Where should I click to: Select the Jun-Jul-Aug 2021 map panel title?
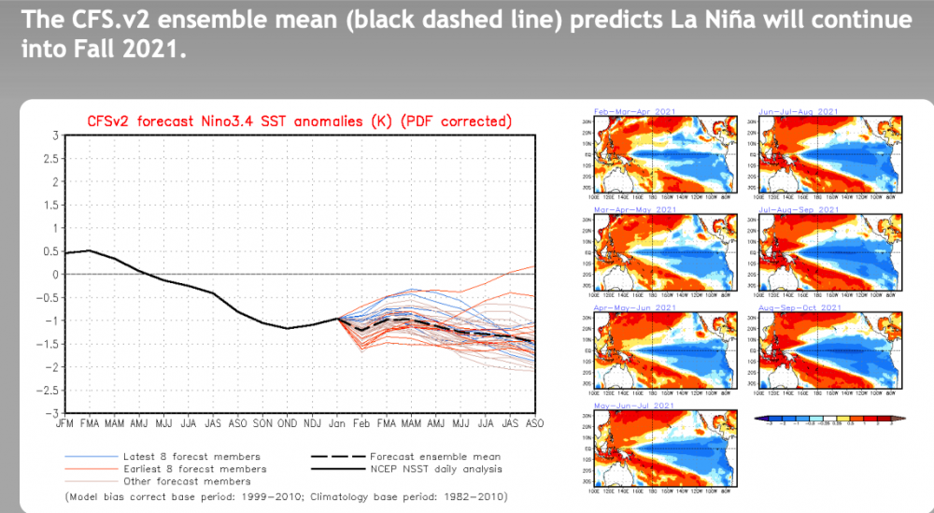(x=800, y=111)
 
